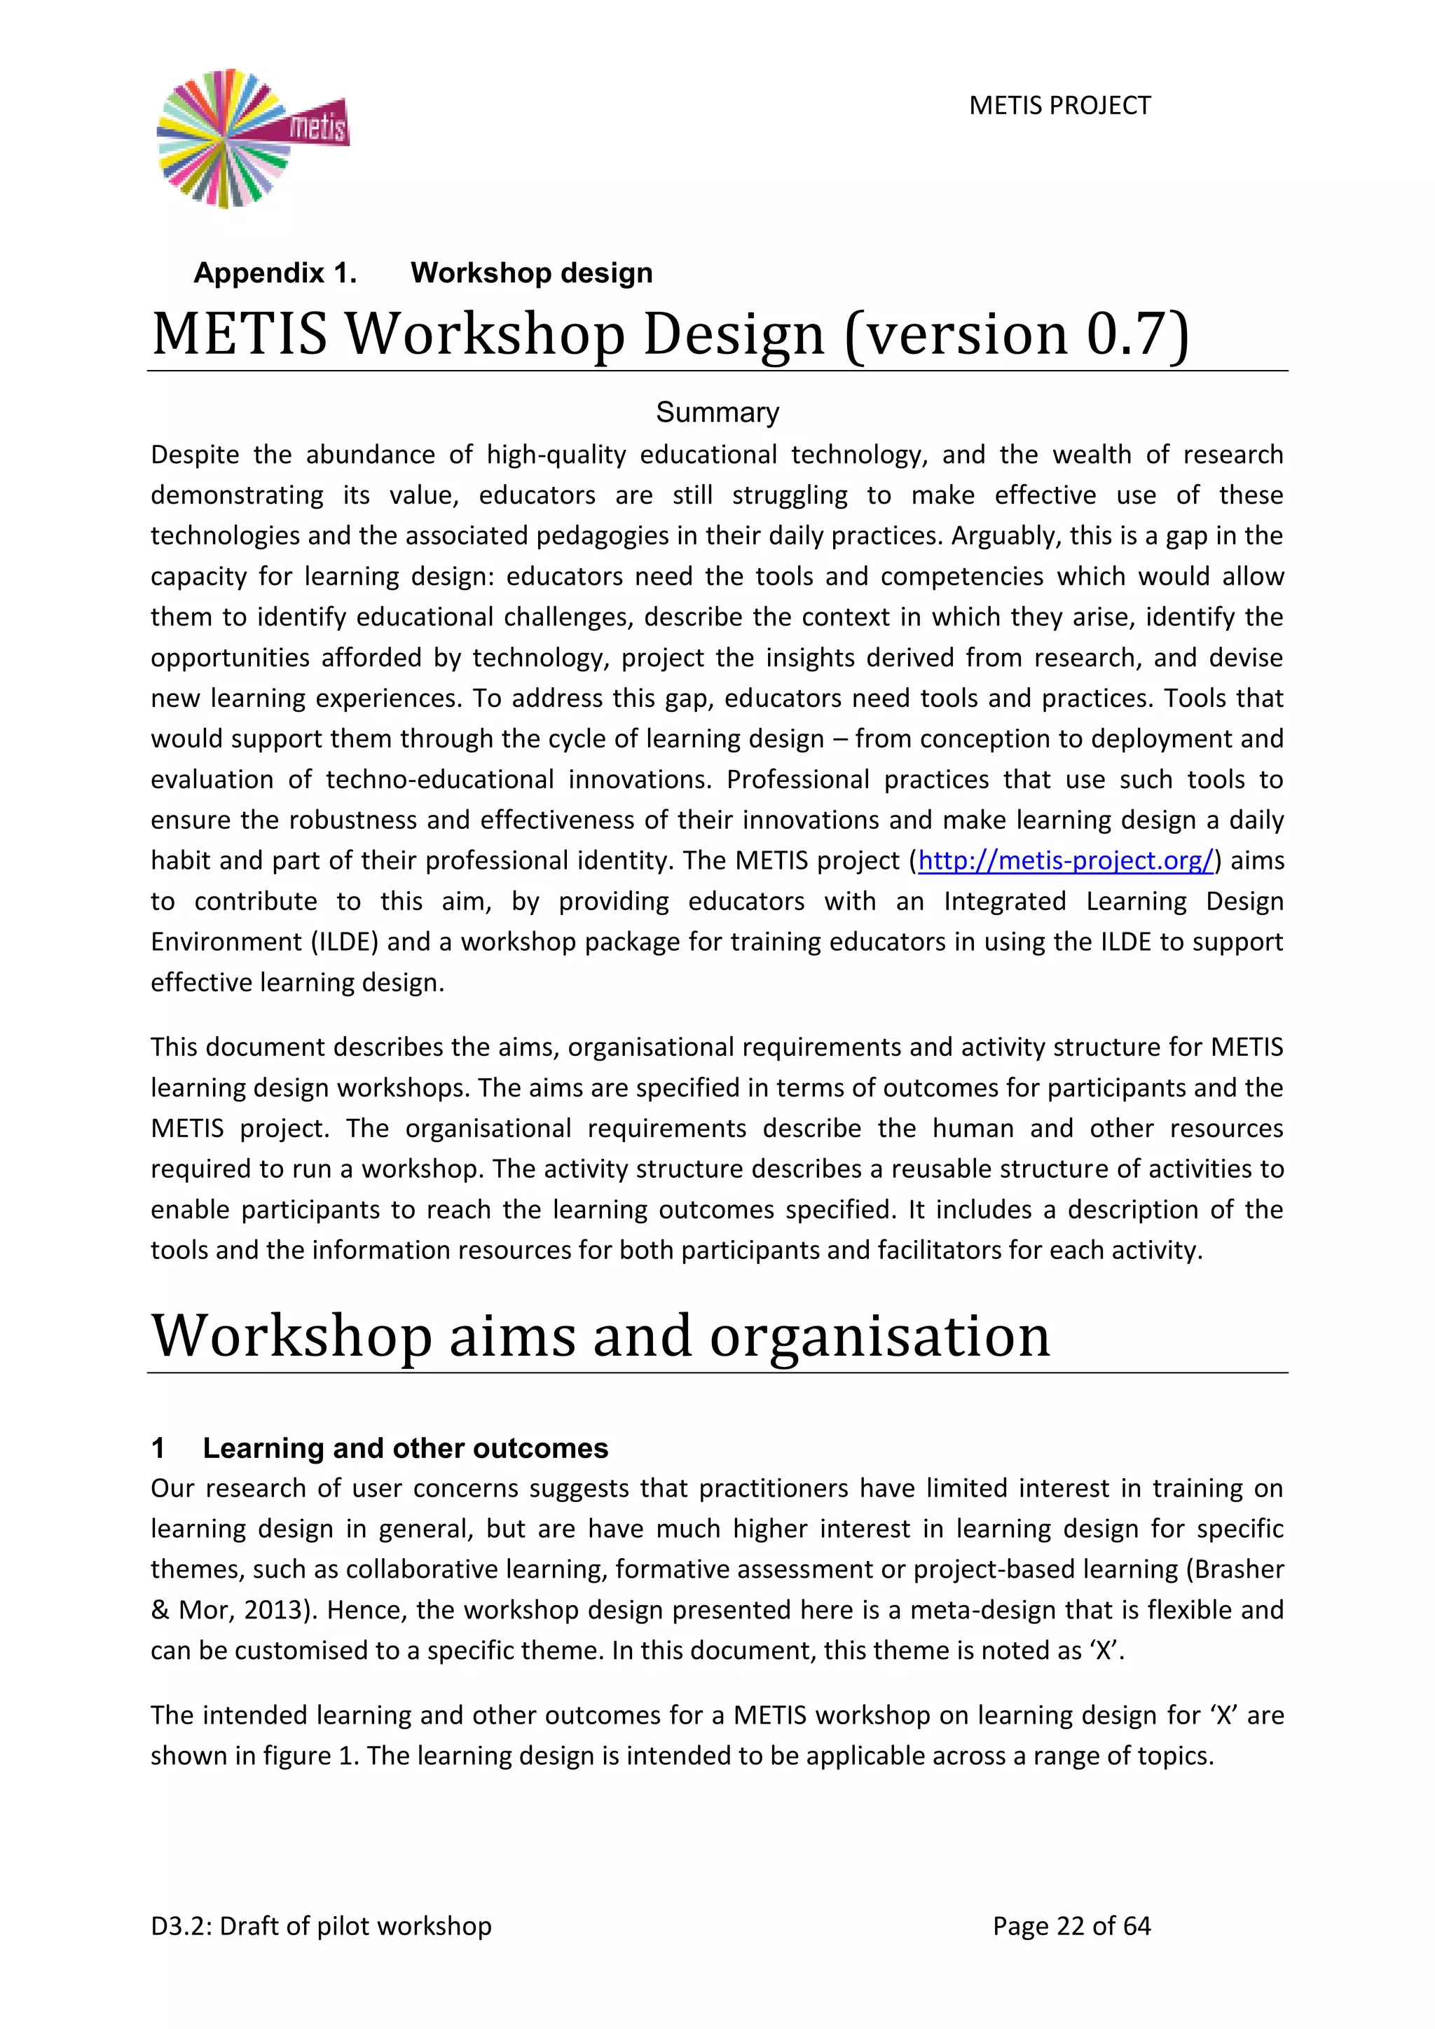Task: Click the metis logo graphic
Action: tap(252, 139)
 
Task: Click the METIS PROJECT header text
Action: tap(1059, 105)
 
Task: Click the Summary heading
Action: tap(717, 412)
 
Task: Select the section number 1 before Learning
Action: tap(158, 1447)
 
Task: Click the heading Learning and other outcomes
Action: tap(405, 1447)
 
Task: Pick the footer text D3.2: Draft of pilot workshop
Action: tap(321, 1925)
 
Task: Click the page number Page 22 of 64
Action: tap(1071, 1925)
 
